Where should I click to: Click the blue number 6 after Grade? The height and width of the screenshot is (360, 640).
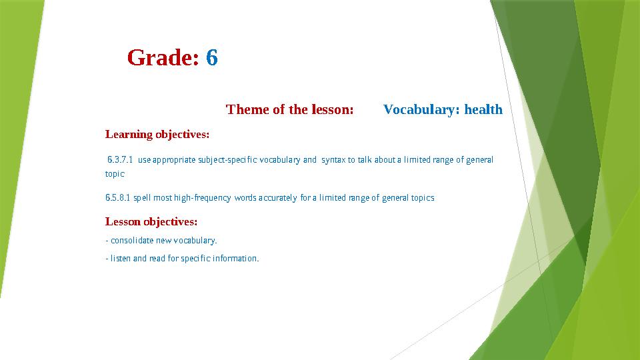(212, 57)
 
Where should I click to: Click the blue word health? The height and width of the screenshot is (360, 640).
(483, 109)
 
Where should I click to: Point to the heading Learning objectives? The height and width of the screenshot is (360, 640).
(157, 134)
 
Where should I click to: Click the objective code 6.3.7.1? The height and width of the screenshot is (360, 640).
(120, 159)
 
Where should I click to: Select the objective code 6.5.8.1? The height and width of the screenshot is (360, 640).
(117, 197)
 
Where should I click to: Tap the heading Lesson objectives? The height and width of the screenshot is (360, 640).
(151, 221)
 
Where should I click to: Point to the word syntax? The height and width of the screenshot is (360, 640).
(333, 160)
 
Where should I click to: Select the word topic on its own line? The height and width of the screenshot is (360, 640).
(115, 174)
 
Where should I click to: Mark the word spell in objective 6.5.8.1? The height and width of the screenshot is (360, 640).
(143, 198)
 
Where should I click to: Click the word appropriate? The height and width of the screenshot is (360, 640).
(174, 160)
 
